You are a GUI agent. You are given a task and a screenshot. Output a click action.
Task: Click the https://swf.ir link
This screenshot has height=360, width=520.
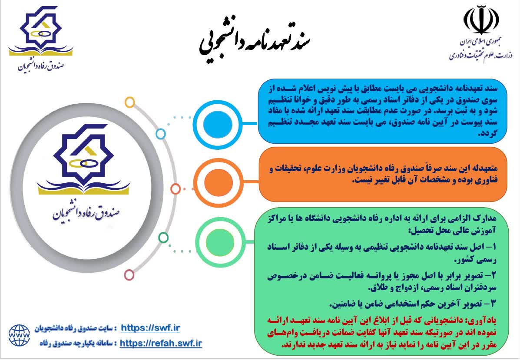pos(150,328)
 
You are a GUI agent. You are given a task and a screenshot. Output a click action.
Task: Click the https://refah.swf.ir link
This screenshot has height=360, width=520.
pos(161,343)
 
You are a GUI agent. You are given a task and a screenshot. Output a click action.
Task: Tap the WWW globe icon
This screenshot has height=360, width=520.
pos(19,336)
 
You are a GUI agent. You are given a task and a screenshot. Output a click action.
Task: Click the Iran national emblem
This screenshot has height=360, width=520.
pos(481,20)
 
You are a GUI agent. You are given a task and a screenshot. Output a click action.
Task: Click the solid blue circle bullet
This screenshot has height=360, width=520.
pos(218,124)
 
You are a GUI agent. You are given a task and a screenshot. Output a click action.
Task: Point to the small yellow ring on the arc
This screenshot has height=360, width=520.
pos(129,102)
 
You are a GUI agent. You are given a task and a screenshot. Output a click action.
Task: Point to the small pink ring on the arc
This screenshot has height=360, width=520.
pos(129,275)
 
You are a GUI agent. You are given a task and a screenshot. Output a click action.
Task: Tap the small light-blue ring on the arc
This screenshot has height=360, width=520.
pos(160,134)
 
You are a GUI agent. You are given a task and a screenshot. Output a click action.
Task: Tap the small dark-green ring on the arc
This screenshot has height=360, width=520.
pos(163,238)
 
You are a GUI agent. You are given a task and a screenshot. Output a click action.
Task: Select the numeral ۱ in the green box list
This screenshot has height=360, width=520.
pos(494,247)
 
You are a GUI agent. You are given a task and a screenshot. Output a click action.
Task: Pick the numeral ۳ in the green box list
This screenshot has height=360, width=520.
pos(494,303)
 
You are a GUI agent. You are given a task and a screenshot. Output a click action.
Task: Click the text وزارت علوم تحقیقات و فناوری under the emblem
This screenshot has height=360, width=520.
pos(481,55)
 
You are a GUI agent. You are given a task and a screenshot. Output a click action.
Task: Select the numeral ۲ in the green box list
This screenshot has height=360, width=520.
pos(494,275)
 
